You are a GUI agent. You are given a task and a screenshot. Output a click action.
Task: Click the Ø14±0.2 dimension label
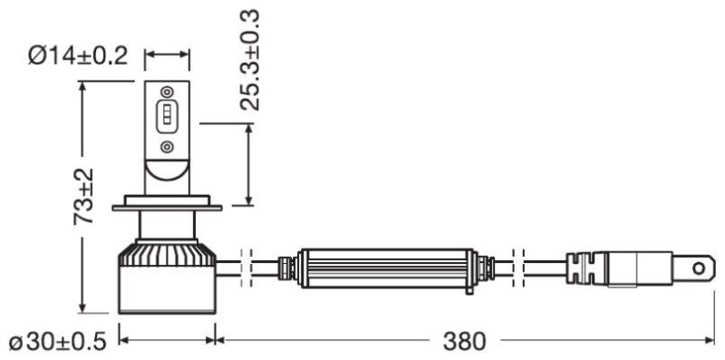(x=78, y=57)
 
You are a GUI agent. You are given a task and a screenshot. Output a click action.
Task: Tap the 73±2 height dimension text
(x=83, y=196)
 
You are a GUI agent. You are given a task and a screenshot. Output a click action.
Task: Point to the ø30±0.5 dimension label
(x=58, y=343)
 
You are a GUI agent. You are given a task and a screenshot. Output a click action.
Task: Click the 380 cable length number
(x=465, y=342)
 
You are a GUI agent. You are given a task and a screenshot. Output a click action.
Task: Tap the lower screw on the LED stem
(x=167, y=148)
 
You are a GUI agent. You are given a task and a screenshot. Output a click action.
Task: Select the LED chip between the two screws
(x=167, y=119)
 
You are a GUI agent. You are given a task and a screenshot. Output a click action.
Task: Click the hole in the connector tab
(x=698, y=268)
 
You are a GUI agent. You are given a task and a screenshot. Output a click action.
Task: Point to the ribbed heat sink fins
(x=167, y=255)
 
